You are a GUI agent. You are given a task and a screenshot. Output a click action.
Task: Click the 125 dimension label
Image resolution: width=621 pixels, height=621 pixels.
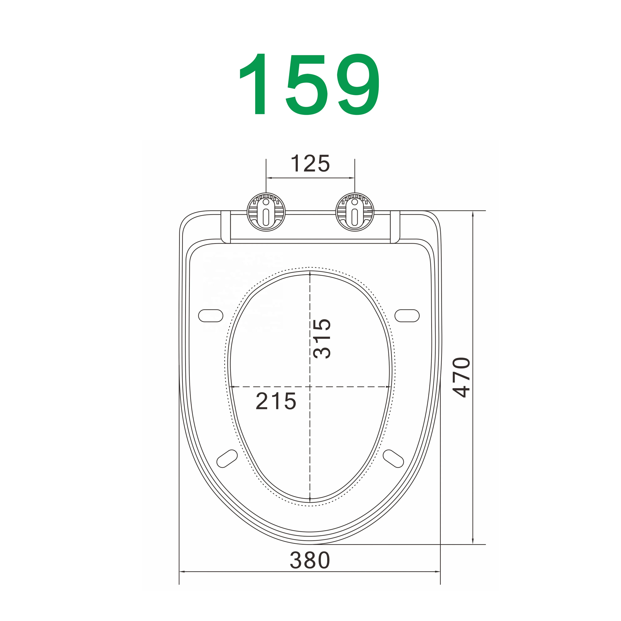(x=310, y=163)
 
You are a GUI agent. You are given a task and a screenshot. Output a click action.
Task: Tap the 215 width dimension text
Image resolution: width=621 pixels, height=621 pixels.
(x=276, y=401)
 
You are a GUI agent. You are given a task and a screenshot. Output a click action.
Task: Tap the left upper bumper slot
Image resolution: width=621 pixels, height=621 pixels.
(x=211, y=316)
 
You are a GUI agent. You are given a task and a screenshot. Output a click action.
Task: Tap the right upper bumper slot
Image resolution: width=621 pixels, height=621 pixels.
(x=407, y=316)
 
